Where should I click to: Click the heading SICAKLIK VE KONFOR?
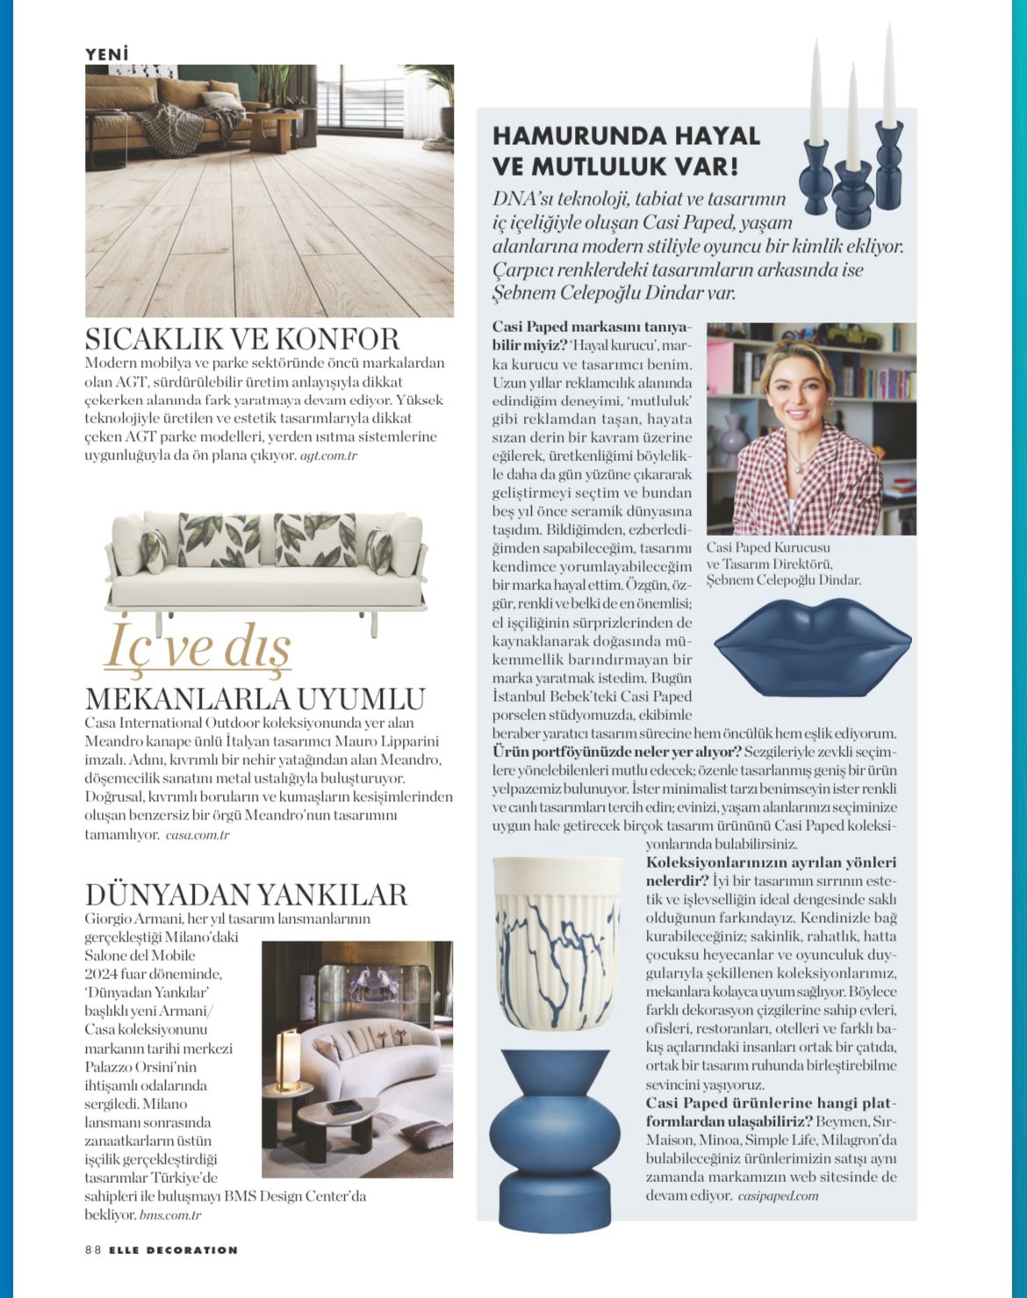coord(242,339)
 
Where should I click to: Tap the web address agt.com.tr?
coord(328,456)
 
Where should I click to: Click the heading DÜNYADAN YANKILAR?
coord(246,894)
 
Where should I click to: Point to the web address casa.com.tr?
coord(197,835)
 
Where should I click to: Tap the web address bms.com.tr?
coord(170,1215)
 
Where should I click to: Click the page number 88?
coord(93,1250)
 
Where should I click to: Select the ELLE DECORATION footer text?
coord(173,1250)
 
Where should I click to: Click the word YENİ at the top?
coord(106,54)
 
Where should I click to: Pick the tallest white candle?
coord(888,75)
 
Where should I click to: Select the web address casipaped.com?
coord(778,1195)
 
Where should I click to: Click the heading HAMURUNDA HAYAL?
coord(626,136)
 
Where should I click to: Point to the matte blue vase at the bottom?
coord(553,1138)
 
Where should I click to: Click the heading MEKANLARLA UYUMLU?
coord(255,699)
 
